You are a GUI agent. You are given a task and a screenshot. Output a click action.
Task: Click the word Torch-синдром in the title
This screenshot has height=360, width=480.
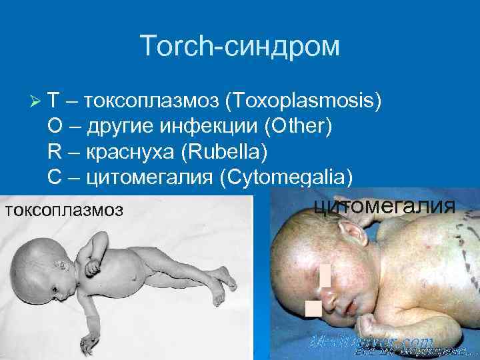pyautogui.click(x=240, y=46)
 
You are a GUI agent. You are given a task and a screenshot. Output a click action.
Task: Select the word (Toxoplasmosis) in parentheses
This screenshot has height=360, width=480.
pyautogui.click(x=304, y=101)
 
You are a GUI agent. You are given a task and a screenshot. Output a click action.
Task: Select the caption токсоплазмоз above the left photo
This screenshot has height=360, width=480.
pyautogui.click(x=63, y=210)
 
